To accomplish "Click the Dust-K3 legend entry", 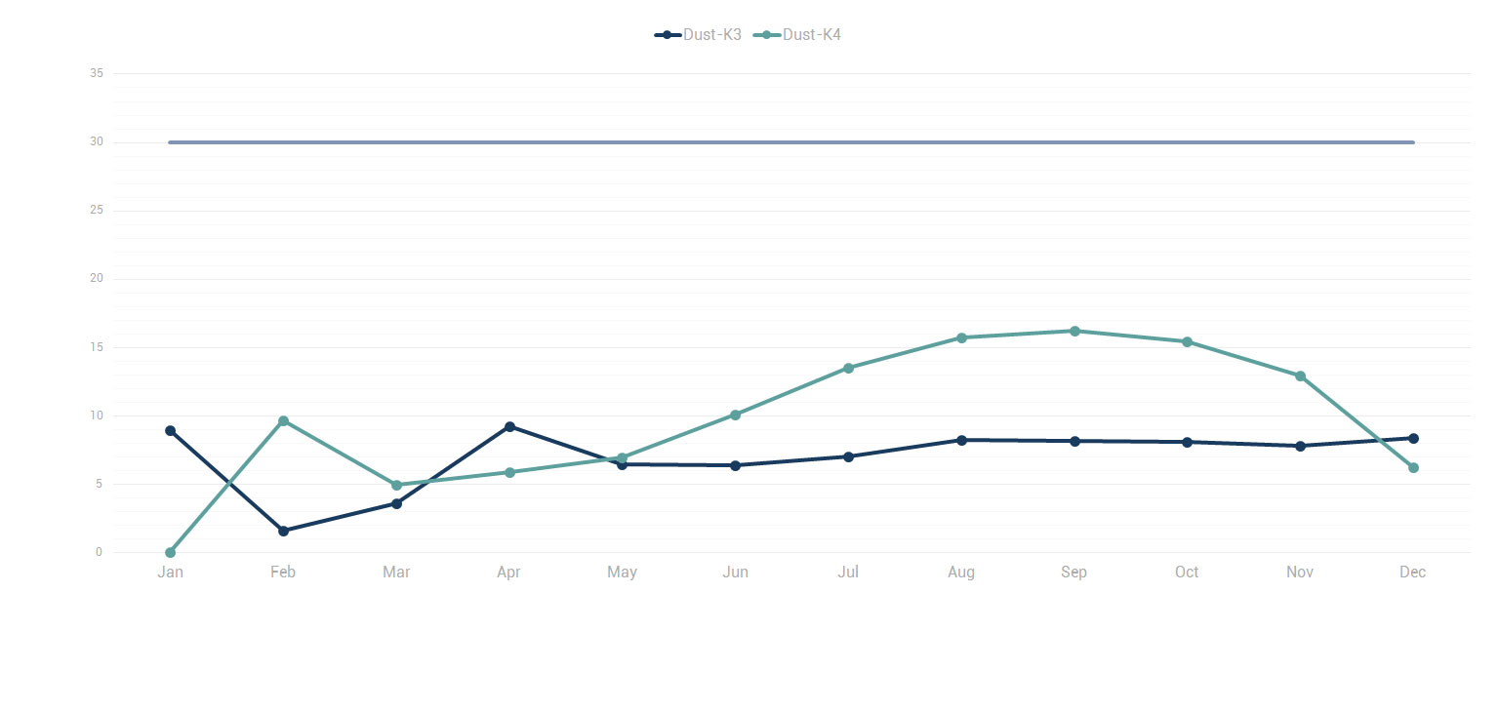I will tap(699, 35).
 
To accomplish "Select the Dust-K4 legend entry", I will tap(798, 35).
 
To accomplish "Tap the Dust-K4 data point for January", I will tap(170, 553).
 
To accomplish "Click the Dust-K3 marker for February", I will tap(283, 531).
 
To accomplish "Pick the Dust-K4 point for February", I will tap(283, 421).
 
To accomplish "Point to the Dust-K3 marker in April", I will tap(509, 426).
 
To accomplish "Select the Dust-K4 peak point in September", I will tap(1074, 331).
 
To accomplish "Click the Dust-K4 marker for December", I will tap(1413, 468).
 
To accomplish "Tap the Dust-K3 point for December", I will tap(1413, 438).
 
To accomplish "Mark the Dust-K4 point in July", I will tap(848, 368).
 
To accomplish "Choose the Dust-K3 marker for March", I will tap(396, 503).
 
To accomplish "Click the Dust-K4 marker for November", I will tap(1300, 376).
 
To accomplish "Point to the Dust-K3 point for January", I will tap(170, 430).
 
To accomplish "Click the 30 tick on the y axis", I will tap(96, 142).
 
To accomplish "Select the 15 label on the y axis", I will tap(96, 347).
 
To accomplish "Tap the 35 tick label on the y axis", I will tap(96, 73).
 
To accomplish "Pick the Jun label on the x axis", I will tap(735, 573).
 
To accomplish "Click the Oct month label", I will tap(1187, 573).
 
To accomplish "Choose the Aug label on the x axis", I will tap(961, 573).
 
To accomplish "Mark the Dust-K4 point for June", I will tap(735, 415).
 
